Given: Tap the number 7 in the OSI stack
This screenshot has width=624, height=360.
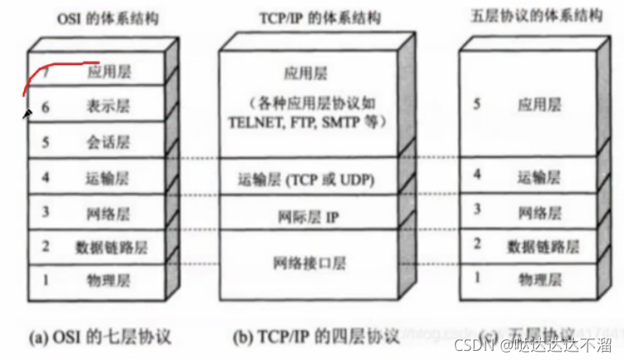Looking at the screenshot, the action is point(47,72).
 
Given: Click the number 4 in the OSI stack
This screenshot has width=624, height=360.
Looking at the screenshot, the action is point(46,176).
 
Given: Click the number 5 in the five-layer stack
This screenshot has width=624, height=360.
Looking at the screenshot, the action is point(476,105).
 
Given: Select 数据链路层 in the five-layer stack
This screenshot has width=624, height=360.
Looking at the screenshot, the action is point(542,245).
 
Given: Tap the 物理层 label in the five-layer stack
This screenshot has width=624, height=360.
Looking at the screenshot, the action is point(541,280).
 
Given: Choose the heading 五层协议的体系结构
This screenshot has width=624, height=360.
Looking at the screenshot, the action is point(541,16).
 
